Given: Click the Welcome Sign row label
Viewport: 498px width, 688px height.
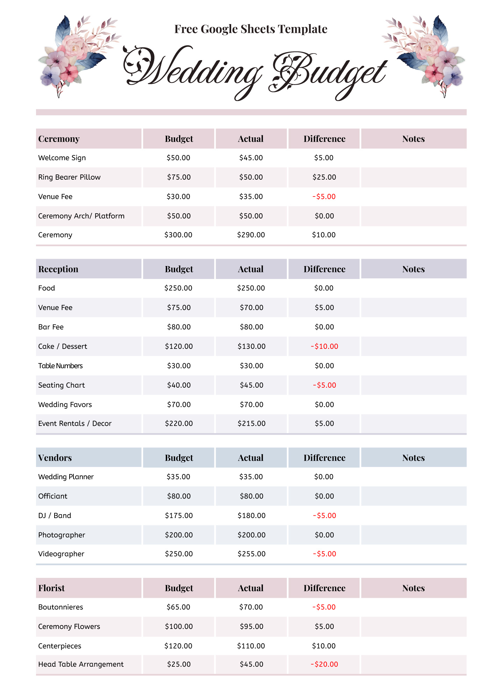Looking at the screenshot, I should [x=62, y=158].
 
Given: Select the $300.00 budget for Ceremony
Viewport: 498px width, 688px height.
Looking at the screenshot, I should [x=178, y=235].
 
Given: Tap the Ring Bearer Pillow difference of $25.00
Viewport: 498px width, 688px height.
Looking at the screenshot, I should [x=324, y=177].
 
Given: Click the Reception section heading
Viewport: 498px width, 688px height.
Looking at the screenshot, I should [x=58, y=269].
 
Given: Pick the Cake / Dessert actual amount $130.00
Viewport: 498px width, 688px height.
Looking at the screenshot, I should [x=251, y=346].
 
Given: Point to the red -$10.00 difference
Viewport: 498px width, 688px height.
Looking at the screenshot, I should [x=324, y=346].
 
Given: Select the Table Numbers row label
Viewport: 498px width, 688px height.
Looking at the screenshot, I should [x=61, y=366].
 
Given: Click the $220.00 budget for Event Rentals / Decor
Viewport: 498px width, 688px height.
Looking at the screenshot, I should [x=179, y=423].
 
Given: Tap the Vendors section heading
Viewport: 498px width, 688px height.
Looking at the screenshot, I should [x=55, y=458].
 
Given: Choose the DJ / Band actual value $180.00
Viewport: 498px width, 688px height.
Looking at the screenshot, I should [x=251, y=516].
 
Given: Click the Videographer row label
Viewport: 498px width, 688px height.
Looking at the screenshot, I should [x=61, y=554].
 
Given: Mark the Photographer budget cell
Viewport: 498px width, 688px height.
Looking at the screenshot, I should [x=179, y=535].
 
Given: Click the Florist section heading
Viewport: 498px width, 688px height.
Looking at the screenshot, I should [x=51, y=588].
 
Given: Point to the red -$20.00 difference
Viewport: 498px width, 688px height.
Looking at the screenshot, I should [x=324, y=664].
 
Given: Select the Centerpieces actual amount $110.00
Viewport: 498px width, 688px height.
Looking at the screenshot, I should [x=251, y=646].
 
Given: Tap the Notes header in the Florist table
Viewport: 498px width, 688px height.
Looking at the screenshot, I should [x=413, y=588].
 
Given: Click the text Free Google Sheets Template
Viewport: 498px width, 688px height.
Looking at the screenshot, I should [x=251, y=29].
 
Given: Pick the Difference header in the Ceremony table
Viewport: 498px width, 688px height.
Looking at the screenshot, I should [x=324, y=139].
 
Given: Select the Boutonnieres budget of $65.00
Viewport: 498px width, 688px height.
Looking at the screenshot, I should [x=178, y=607].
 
